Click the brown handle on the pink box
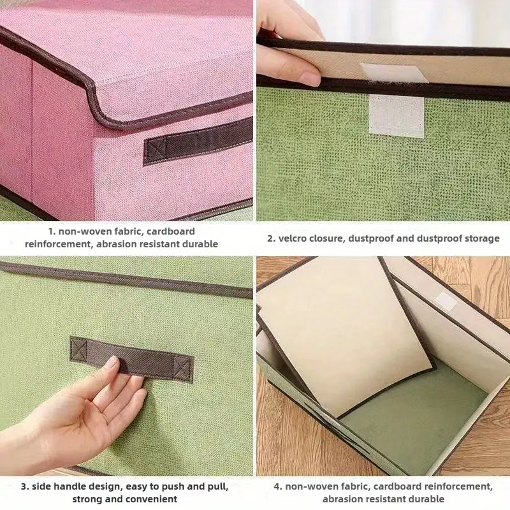coord(198,142)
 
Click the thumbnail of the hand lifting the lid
coord(383,110)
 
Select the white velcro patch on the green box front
coord(397,116)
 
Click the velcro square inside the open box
coord(446,301)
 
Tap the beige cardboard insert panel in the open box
coord(346,335)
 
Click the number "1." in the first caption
coord(52,231)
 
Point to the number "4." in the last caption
coord(278,486)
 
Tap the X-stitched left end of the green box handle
coord(78,349)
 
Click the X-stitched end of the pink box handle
coord(155,150)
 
